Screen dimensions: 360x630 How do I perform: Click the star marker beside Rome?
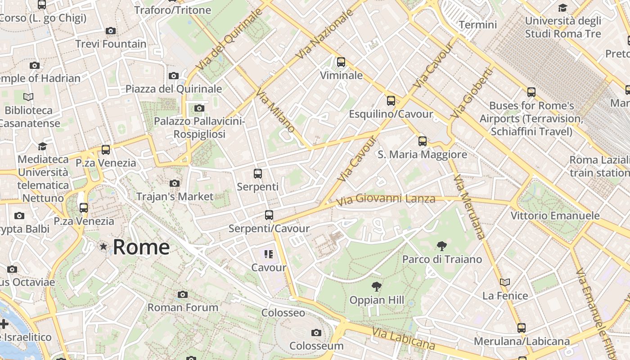point(103,247)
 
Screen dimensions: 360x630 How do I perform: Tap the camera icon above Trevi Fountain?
point(111,31)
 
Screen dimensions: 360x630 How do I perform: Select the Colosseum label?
point(316,346)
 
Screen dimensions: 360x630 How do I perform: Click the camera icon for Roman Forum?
point(183,295)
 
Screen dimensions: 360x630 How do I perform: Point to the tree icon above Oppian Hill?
point(376,287)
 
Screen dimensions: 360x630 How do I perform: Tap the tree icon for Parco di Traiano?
point(442,246)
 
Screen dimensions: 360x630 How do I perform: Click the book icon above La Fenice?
point(505,283)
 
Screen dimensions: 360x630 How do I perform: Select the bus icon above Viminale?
point(341,62)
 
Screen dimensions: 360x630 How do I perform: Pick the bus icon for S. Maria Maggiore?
point(423,141)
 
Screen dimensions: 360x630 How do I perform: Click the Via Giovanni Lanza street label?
point(386,199)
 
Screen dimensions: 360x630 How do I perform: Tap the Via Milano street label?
point(275,111)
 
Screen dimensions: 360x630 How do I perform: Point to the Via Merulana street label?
point(470,207)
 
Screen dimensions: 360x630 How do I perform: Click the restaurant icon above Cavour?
point(269,254)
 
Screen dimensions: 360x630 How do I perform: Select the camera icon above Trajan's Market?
point(175,184)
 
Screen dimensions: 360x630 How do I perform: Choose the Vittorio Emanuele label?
point(555,216)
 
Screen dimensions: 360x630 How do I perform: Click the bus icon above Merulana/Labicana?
point(522,328)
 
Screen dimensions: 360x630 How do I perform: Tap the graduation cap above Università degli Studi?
point(562,8)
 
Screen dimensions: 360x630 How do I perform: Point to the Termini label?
point(478,25)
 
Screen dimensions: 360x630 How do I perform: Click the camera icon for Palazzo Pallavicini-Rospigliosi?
point(199,108)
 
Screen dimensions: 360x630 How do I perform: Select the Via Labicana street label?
point(404,338)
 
